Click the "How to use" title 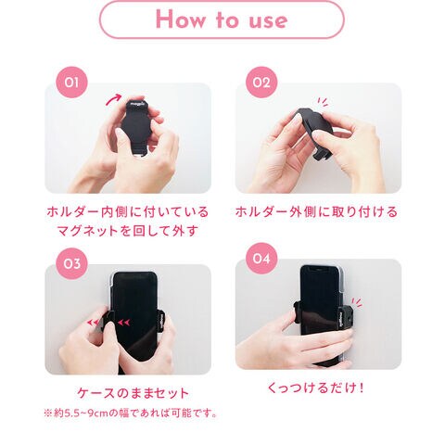click(222, 19)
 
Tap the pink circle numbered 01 click(71, 83)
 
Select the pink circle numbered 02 click(261, 83)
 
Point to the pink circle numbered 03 click(71, 263)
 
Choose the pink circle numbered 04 click(261, 258)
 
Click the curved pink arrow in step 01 click(113, 99)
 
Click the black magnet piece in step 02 click(315, 130)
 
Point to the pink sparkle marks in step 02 click(323, 102)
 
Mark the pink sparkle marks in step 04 click(357, 302)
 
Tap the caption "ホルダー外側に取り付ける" click(316, 212)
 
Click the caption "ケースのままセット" click(133, 393)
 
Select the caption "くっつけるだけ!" click(315, 388)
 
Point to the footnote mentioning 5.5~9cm click(131, 413)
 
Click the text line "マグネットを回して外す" click(127, 231)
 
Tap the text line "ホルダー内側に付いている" click(128, 212)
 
